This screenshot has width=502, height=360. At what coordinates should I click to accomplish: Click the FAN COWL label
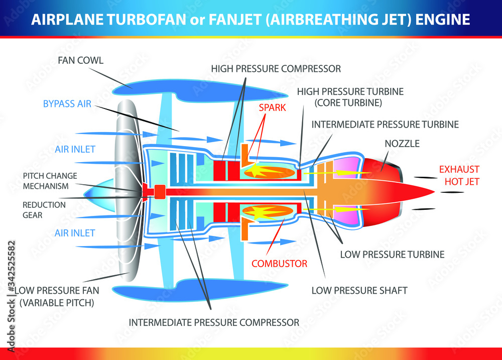pyautogui.click(x=80, y=60)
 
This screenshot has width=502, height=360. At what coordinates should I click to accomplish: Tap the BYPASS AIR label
pyautogui.click(x=67, y=104)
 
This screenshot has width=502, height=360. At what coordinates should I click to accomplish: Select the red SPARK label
pyautogui.click(x=272, y=107)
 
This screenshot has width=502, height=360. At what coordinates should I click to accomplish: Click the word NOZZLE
pyautogui.click(x=402, y=144)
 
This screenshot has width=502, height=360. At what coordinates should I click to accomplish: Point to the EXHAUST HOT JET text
pyautogui.click(x=459, y=175)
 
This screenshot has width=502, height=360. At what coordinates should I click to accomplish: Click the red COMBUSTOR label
pyautogui.click(x=279, y=263)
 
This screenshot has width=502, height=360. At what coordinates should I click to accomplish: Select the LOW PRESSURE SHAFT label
pyautogui.click(x=359, y=290)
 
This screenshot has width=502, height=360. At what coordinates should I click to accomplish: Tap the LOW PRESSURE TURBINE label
pyautogui.click(x=392, y=255)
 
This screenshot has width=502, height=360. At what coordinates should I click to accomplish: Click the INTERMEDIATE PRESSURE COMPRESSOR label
pyautogui.click(x=214, y=322)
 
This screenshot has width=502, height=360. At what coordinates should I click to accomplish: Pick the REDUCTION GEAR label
pyautogui.click(x=44, y=210)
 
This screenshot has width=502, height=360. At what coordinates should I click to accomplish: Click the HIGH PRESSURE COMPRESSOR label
pyautogui.click(x=276, y=68)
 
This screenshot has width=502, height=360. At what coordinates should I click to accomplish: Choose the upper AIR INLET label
pyautogui.click(x=75, y=150)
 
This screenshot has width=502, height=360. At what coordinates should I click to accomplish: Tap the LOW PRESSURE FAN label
pyautogui.click(x=57, y=290)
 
